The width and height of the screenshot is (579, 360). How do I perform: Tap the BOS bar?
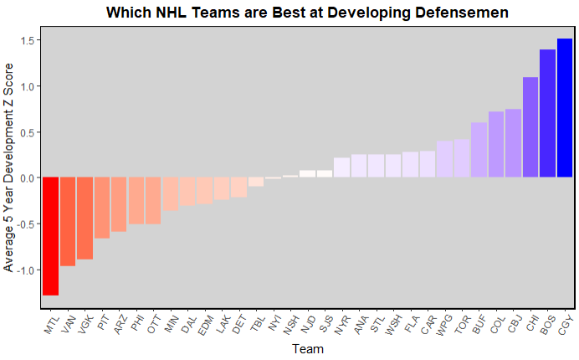pyautogui.click(x=547, y=113)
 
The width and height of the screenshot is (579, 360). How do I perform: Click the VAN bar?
pyautogui.click(x=68, y=222)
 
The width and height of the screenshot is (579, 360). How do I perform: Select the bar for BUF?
pyautogui.click(x=479, y=150)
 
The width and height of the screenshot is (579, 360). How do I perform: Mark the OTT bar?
pyautogui.click(x=153, y=201)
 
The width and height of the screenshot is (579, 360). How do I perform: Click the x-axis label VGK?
pyautogui.click(x=84, y=325)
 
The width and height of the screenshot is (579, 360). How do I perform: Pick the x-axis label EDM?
pyautogui.click(x=203, y=325)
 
